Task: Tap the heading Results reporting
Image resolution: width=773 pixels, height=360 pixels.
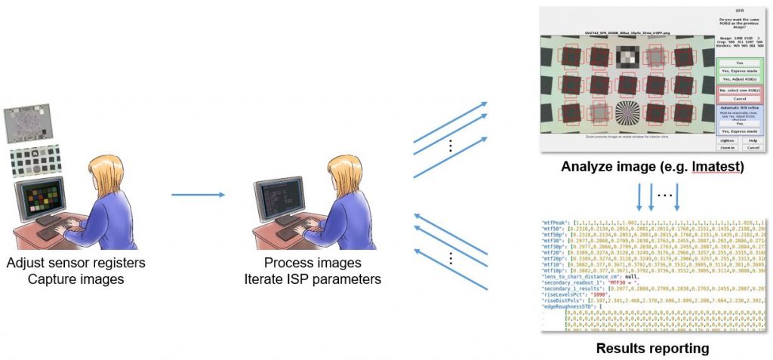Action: pyautogui.click(x=652, y=349)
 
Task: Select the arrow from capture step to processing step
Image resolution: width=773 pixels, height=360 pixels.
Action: pyautogui.click(x=198, y=195)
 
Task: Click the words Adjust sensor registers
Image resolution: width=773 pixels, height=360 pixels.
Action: pyautogui.click(x=75, y=263)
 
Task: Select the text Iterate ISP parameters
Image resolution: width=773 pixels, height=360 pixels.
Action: pyautogui.click(x=322, y=279)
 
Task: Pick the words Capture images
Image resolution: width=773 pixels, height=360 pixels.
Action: pyautogui.click(x=75, y=279)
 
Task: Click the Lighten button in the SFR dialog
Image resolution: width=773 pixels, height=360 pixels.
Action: pyautogui.click(x=728, y=140)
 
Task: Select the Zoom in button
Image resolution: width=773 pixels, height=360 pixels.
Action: pyautogui.click(x=728, y=148)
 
